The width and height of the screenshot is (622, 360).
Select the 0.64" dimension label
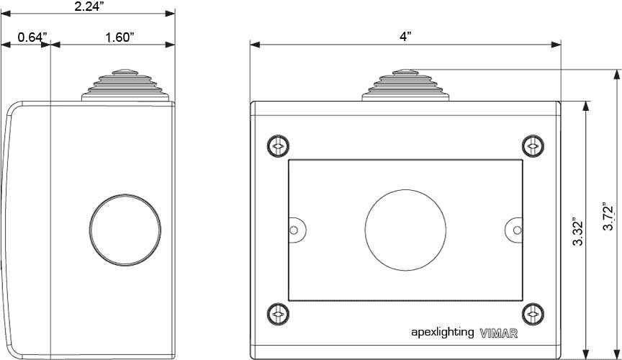pos(32,37)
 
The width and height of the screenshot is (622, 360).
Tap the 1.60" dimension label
pos(120,37)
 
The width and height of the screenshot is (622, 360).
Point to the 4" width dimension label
pos(405,37)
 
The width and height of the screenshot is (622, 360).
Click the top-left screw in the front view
pos(278,146)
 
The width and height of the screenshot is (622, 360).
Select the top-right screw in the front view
pos(532,146)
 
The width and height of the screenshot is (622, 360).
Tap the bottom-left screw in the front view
pos(278,313)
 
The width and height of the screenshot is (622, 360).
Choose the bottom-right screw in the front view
pos(532,313)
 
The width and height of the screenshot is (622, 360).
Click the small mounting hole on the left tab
pos(293,230)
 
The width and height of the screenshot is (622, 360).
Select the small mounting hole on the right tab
pos(517,230)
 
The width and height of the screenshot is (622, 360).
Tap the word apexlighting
pos(442,332)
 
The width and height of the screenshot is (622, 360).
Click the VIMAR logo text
pos(498,333)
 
